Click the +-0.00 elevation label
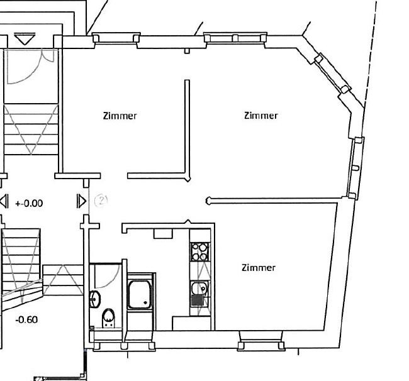[x=29, y=203]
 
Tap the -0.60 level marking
[x=26, y=319]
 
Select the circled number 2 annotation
[x=101, y=201]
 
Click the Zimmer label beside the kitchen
[x=259, y=268]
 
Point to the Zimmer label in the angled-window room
[x=261, y=116]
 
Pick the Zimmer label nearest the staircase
[x=120, y=116]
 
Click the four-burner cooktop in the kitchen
[x=200, y=251]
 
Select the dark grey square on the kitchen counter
[x=198, y=301]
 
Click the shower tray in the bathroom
[x=140, y=294]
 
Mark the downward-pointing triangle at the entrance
[x=25, y=38]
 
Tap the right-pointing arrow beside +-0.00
[x=82, y=201]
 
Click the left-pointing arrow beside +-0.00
[x=4, y=201]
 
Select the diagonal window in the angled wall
[x=332, y=73]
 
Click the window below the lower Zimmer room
[x=261, y=341]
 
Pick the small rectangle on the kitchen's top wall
[x=163, y=234]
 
